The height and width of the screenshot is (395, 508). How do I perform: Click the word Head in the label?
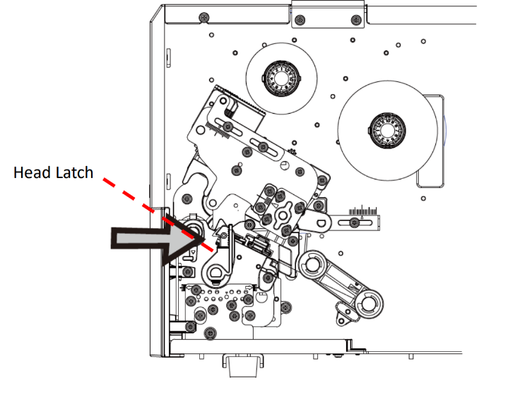tap(33, 172)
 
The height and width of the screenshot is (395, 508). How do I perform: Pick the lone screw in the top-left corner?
tap(203, 16)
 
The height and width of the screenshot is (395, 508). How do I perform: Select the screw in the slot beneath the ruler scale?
tap(353, 223)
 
